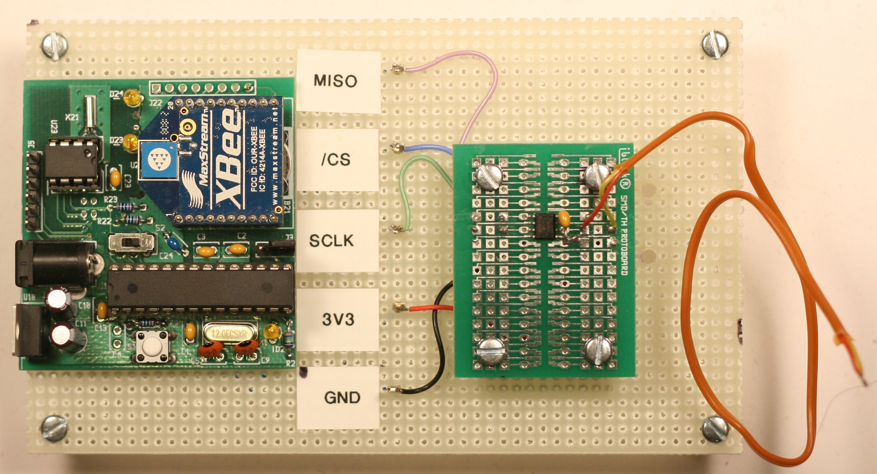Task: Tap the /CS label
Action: point(336,160)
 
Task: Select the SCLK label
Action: point(332,240)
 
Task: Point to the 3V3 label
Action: point(337,319)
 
